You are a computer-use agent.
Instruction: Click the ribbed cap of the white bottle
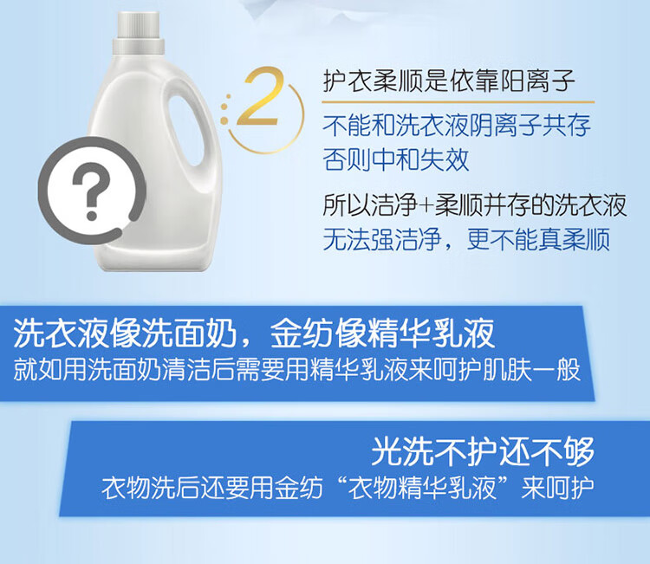pos(139,33)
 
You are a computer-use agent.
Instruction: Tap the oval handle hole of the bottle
pos(185,130)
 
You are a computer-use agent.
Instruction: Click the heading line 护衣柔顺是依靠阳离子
pos(449,81)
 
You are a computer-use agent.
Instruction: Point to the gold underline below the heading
pos(458,101)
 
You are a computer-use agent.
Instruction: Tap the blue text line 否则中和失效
pos(396,159)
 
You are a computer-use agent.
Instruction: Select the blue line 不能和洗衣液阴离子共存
pos(457,125)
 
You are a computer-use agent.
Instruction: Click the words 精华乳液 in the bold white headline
pos(432,334)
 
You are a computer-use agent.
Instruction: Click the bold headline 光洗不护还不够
pos(483,451)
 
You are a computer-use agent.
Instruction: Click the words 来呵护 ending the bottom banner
pos(557,489)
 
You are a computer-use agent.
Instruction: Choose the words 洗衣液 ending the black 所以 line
pos(590,204)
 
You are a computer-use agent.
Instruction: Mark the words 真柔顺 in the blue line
pos(574,239)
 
